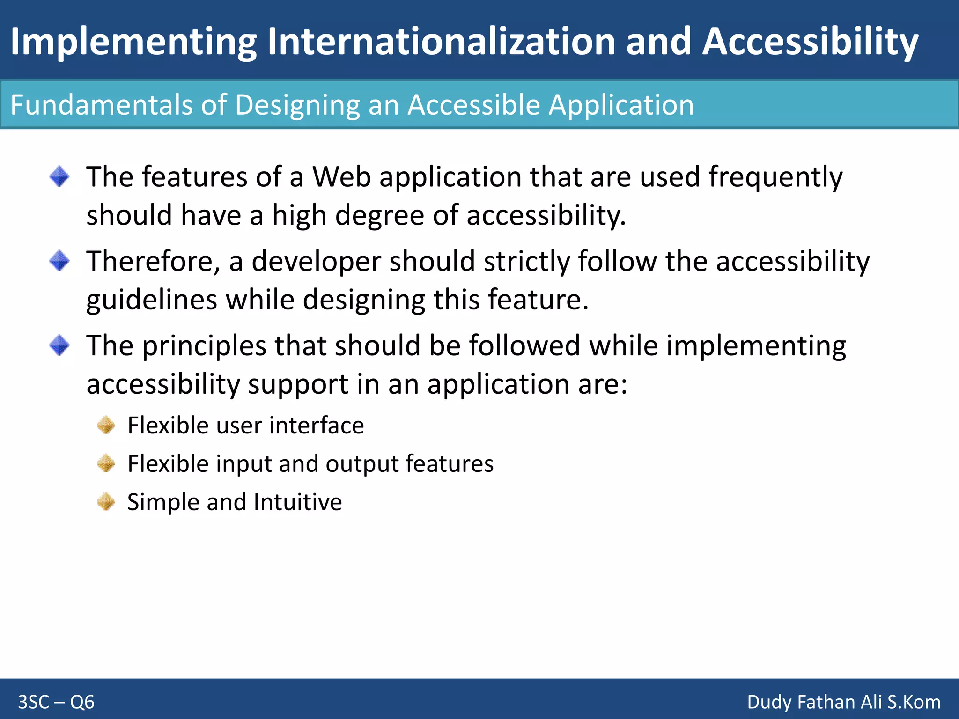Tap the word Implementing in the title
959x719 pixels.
(133, 42)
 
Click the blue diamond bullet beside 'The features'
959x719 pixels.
(59, 176)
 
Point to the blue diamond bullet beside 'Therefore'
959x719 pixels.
(59, 261)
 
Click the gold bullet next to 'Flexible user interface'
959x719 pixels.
(106, 425)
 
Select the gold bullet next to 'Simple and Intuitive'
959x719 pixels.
(106, 502)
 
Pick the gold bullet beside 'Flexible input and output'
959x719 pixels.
(106, 463)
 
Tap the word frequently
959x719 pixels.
(775, 178)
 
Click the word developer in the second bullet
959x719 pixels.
(316, 262)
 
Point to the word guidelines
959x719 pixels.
(152, 300)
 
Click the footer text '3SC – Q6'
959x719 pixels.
(56, 702)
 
